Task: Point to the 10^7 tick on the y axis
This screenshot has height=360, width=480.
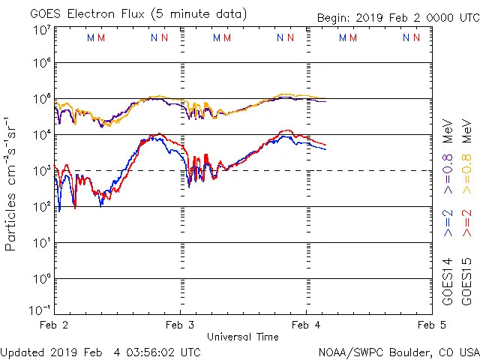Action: click(x=41, y=30)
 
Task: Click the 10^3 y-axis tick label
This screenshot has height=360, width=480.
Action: click(x=41, y=170)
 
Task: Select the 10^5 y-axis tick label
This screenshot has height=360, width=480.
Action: click(x=41, y=98)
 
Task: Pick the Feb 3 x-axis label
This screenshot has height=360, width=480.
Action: click(x=180, y=325)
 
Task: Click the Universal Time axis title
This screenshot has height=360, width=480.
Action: click(x=242, y=337)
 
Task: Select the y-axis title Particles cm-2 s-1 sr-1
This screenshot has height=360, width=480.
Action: click(x=11, y=184)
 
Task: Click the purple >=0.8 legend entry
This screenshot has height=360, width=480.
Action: click(x=448, y=154)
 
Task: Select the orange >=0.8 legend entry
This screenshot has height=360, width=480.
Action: click(x=466, y=154)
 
